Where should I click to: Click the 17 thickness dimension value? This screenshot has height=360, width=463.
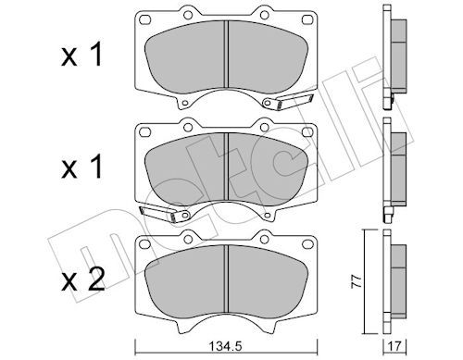pos(399,348)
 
